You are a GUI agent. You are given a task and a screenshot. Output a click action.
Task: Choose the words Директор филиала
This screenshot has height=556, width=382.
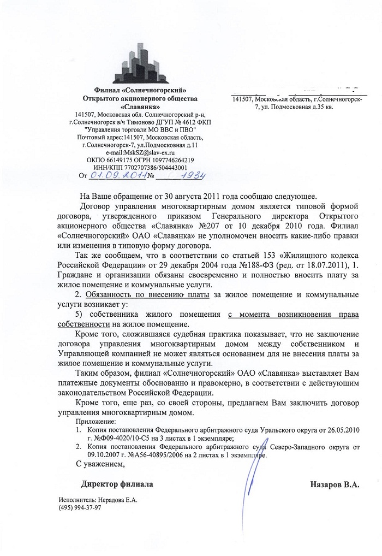[x=117, y=484]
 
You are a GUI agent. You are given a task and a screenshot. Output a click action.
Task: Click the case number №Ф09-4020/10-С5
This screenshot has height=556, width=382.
[x=121, y=438]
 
